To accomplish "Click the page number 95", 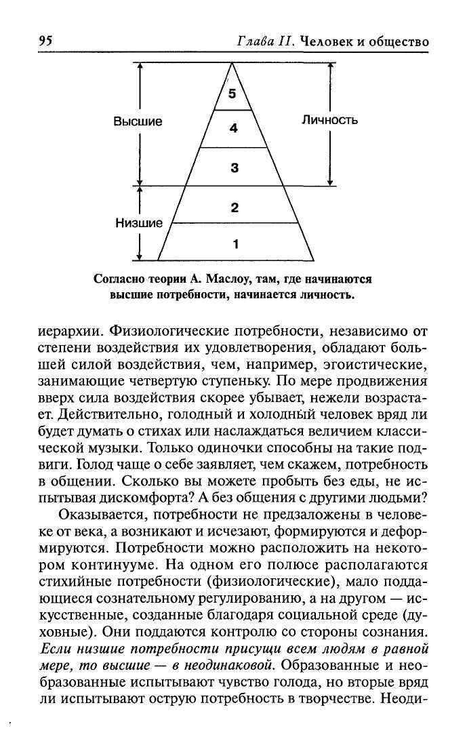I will pos(45,41).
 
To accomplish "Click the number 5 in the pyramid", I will pos(232,94).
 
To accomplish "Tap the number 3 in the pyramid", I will pos(235,167).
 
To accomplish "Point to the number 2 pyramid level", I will pos(235,207).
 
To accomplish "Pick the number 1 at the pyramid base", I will pos(235,243).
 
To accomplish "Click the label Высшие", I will pos(138,122).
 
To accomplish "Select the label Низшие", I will pos(138,223).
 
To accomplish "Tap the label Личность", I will pos(329,121).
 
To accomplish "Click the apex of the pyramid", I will pos(232,64).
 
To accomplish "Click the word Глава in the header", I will pos(255,41).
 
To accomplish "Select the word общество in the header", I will pos(398,41).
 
